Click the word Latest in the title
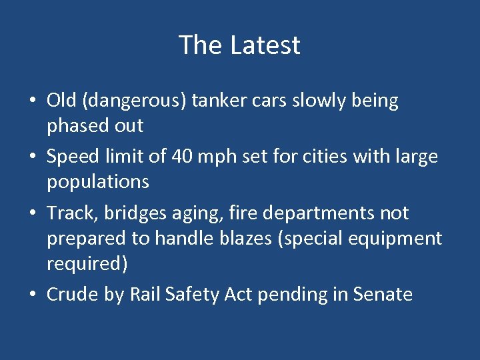tap(265, 45)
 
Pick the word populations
tap(97, 182)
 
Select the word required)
tap(87, 263)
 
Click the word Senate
tap(383, 294)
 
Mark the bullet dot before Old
tap(33, 102)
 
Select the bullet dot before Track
tap(33, 214)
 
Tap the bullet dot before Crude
tap(33, 295)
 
